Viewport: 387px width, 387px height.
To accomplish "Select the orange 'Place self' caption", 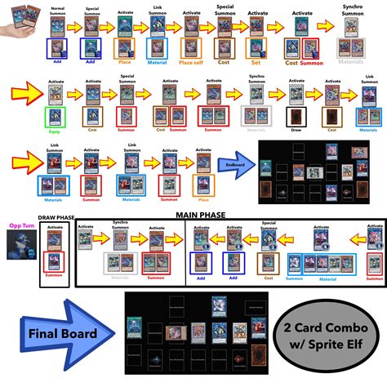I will point(191,61).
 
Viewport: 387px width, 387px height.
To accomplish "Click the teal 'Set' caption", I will point(256,61).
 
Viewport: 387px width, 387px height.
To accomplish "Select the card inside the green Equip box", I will point(55,114).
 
